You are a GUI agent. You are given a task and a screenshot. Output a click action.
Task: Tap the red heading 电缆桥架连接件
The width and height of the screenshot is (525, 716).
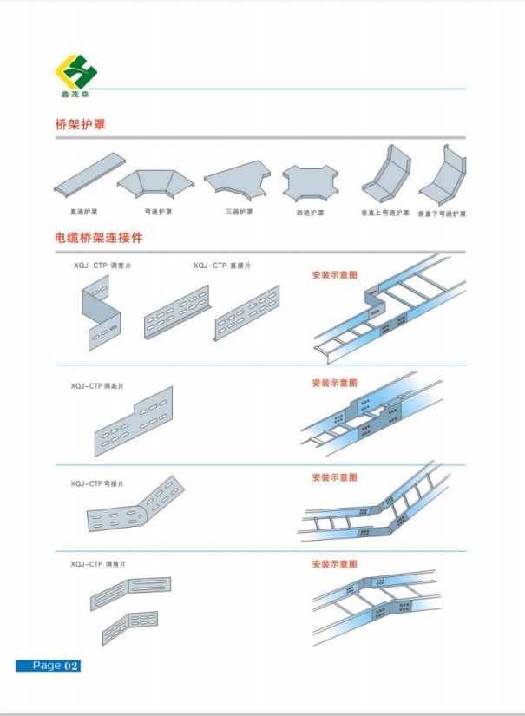coord(98,237)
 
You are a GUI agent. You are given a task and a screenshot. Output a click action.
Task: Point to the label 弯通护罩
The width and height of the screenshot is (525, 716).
coord(158,211)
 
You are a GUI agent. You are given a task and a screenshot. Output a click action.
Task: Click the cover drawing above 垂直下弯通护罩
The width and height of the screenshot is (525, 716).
coord(444,179)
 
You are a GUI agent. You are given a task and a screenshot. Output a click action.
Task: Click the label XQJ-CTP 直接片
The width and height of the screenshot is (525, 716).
coord(222,266)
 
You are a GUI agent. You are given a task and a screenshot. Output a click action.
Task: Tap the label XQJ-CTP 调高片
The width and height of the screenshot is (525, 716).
coord(97,385)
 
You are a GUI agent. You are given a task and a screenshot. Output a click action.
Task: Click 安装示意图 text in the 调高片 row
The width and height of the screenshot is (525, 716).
coord(334,383)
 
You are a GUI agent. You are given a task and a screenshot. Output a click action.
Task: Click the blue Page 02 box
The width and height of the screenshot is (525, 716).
coord(48,666)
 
